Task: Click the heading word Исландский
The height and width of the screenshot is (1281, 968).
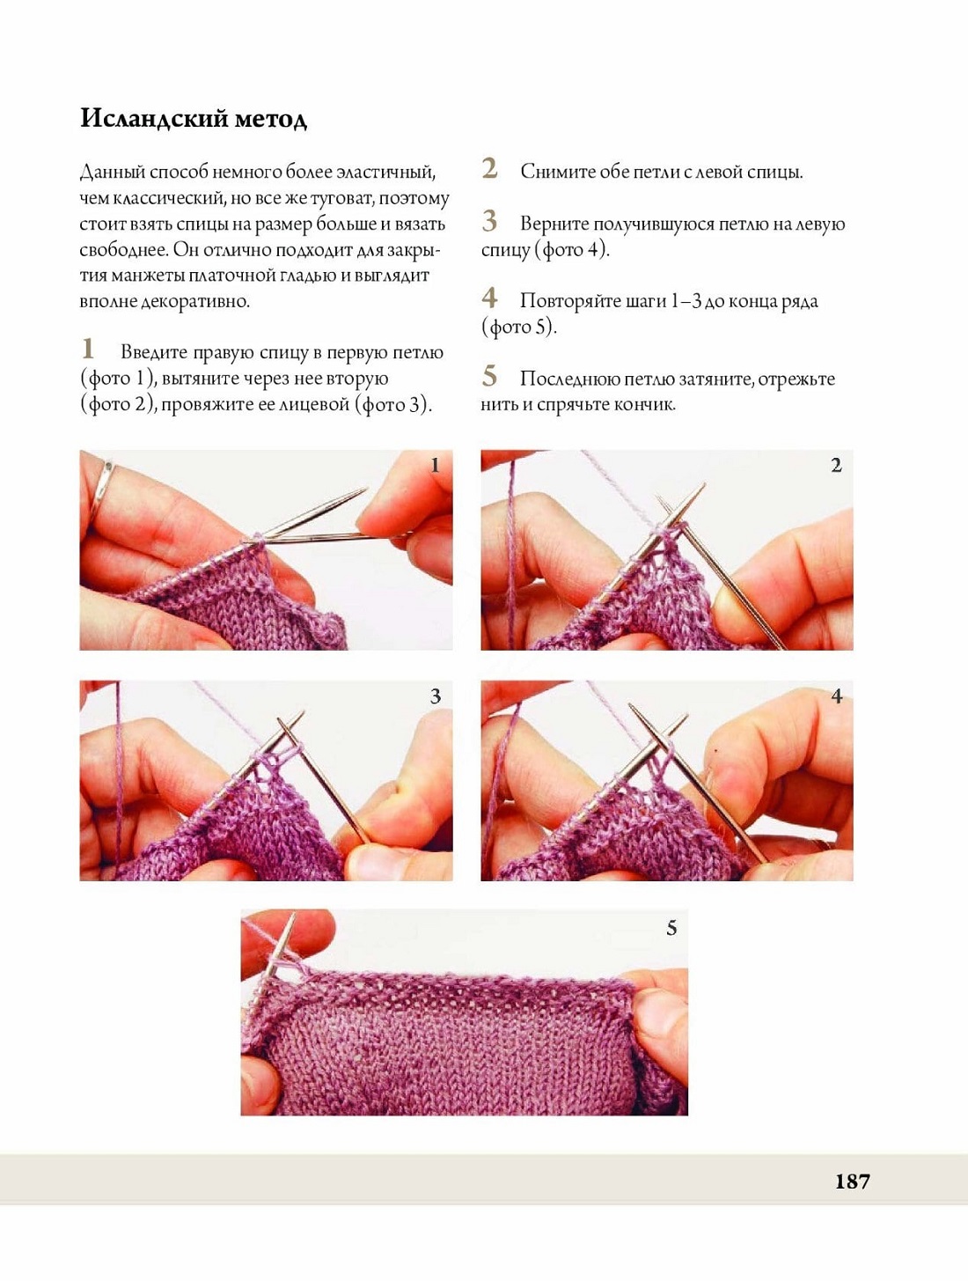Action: pyautogui.click(x=153, y=119)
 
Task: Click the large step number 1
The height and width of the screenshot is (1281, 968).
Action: pyautogui.click(x=87, y=349)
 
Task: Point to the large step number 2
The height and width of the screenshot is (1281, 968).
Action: pyautogui.click(x=490, y=169)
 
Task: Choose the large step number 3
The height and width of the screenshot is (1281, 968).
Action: pyautogui.click(x=490, y=221)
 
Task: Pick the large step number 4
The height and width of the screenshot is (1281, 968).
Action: pyautogui.click(x=490, y=298)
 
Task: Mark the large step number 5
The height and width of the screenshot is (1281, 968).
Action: pyautogui.click(x=490, y=376)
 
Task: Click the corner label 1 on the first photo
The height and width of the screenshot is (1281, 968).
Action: pyautogui.click(x=435, y=465)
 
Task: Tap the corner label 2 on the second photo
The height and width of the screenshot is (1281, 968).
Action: pyautogui.click(x=836, y=465)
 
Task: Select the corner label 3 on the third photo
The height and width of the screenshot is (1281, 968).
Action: pyautogui.click(x=435, y=696)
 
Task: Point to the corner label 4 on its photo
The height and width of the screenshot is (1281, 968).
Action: pyautogui.click(x=837, y=696)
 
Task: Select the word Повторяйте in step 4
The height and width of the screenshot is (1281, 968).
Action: pyautogui.click(x=570, y=302)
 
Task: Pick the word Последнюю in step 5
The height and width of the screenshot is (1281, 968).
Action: pyautogui.click(x=569, y=379)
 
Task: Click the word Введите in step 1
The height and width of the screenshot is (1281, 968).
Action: pyautogui.click(x=154, y=353)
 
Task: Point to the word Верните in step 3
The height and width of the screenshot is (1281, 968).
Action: pyautogui.click(x=554, y=225)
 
